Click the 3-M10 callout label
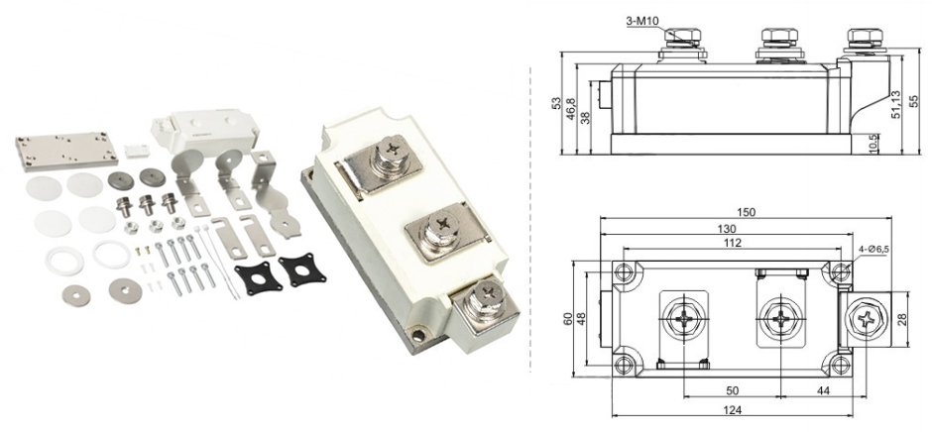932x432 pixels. (642, 22)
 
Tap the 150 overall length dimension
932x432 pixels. (746, 212)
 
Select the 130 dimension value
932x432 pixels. (727, 229)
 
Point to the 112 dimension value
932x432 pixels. (733, 243)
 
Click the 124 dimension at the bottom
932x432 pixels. (733, 409)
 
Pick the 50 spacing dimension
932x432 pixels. (733, 390)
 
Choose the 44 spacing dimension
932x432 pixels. (824, 390)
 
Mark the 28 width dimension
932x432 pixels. (919, 321)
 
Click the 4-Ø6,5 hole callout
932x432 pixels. (873, 250)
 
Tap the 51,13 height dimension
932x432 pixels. (896, 105)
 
